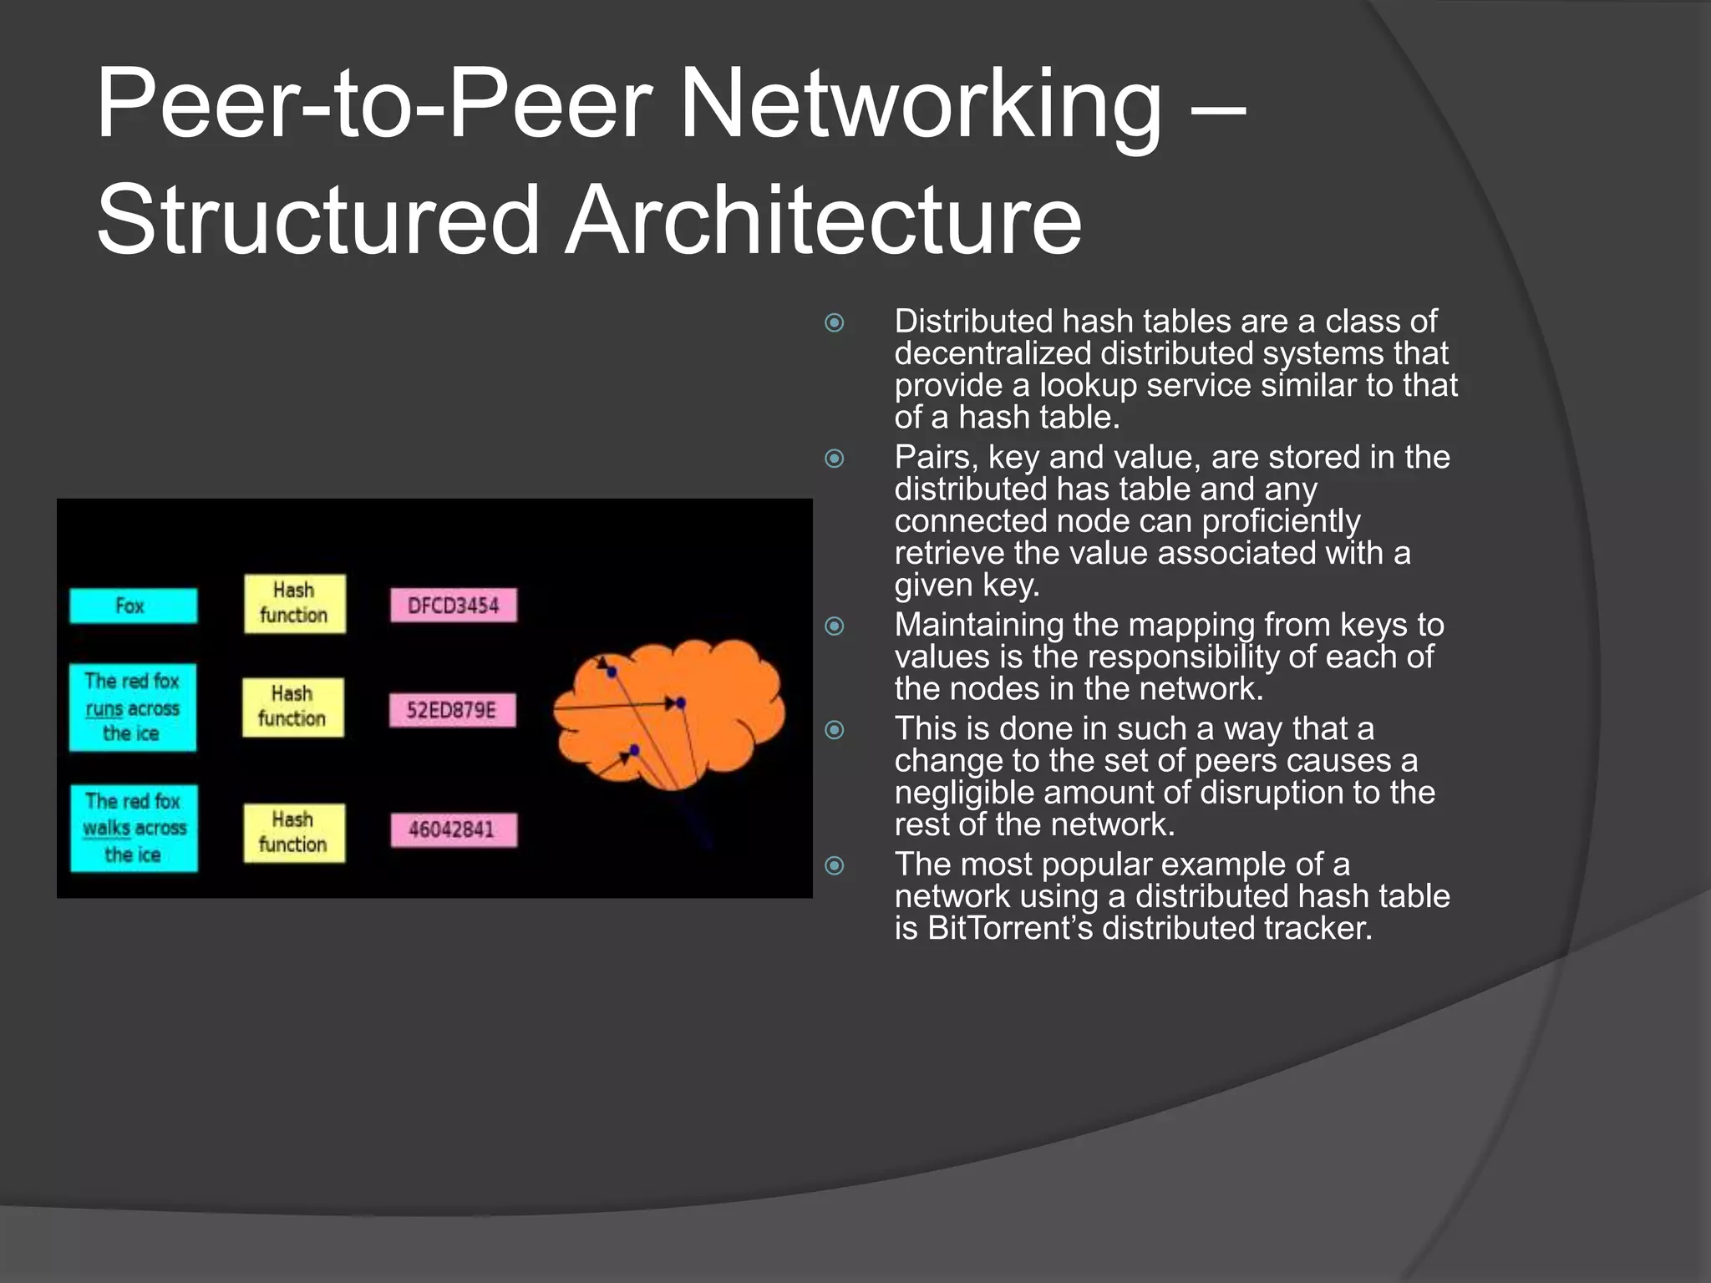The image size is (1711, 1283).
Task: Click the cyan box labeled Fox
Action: (x=134, y=606)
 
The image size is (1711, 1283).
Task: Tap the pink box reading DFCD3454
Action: (x=454, y=606)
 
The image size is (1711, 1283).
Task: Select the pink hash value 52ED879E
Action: (x=452, y=710)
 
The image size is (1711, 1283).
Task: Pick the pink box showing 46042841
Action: (x=454, y=829)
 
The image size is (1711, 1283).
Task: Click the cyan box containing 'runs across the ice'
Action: (x=133, y=707)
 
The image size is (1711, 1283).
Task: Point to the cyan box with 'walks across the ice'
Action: (x=134, y=828)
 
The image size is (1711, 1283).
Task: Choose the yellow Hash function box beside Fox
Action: (x=294, y=603)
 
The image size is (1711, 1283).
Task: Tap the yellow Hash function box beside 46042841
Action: (x=294, y=832)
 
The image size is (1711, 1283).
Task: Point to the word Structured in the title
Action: (x=317, y=221)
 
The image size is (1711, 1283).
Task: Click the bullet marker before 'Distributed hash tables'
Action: (x=834, y=322)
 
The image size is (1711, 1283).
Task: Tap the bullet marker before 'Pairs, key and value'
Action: (x=834, y=458)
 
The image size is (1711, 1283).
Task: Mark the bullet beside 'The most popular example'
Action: (x=834, y=865)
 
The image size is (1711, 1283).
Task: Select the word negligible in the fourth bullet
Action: (x=969, y=793)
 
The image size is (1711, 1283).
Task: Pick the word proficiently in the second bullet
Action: (x=1281, y=521)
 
